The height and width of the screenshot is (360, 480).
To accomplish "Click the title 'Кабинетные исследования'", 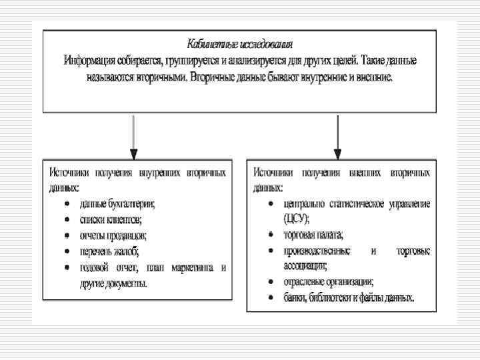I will coord(240,45).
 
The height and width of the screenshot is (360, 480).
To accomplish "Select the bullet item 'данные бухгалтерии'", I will coord(117,203).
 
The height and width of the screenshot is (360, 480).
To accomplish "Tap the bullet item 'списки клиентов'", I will coord(111,219).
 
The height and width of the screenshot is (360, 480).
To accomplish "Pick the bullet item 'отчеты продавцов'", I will coord(113,235).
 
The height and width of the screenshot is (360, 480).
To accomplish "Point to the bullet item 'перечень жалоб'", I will coord(109,251).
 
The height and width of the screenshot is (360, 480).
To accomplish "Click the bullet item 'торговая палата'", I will coord(313,235).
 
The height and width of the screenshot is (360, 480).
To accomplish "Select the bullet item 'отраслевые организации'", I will coord(329,281).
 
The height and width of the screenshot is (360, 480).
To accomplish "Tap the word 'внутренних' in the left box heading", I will coord(159,172).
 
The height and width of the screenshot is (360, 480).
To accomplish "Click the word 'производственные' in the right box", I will coord(317,251).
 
